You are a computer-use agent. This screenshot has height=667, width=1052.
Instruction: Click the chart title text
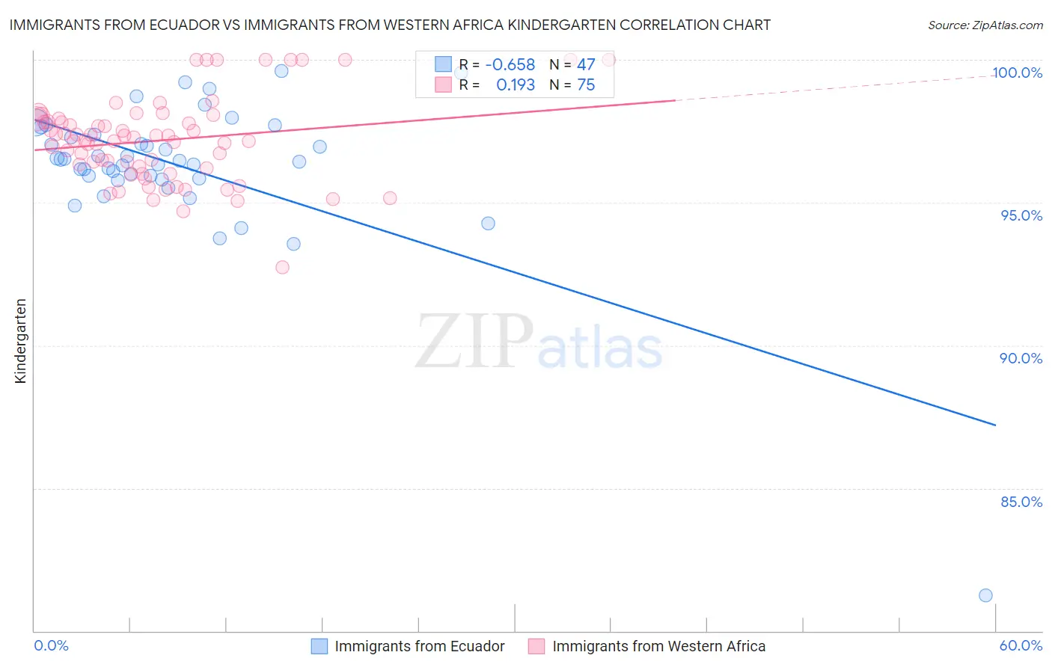coord(389,25)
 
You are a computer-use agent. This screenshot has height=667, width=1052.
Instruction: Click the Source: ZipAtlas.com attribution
coord(985,25)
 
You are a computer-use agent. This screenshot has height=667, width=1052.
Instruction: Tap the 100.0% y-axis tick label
coord(1017,73)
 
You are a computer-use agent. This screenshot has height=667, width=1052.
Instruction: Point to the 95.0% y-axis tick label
coord(1021,215)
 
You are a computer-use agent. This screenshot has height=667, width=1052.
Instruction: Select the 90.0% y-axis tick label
coord(1021,358)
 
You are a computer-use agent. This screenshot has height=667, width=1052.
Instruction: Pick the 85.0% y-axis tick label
coord(1021,502)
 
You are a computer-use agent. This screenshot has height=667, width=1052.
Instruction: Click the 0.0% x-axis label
coord(51,645)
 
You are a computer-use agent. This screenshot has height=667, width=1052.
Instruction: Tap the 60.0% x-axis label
coord(1021,645)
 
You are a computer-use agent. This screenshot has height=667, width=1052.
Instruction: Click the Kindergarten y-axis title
coord(21,341)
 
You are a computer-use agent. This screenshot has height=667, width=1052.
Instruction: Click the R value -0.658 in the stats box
coord(510,65)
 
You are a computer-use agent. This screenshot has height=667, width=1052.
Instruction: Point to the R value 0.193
coord(516,85)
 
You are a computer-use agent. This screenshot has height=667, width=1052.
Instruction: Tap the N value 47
coord(586,65)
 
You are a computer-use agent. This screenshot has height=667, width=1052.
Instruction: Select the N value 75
coord(586,85)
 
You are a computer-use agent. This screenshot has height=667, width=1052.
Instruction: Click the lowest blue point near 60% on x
coord(985,595)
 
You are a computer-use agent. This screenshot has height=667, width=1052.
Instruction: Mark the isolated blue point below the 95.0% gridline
coord(488,223)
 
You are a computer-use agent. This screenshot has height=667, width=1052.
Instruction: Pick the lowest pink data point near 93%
coord(282,267)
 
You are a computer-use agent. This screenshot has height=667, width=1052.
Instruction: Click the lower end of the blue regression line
coord(995,425)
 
